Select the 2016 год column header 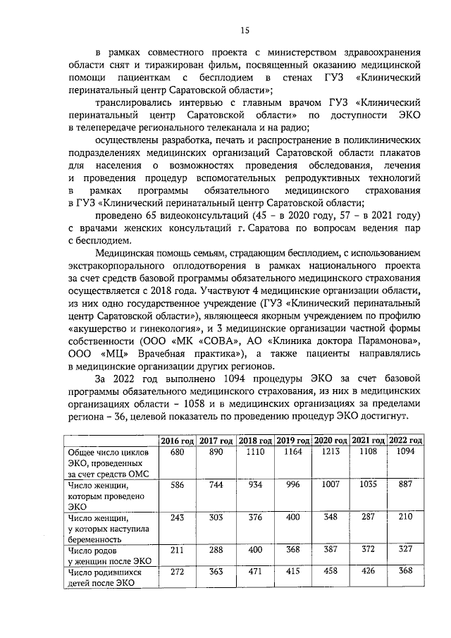coord(177,440)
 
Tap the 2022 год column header coord(405,440)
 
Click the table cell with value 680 coord(177,451)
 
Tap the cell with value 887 coord(405,486)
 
